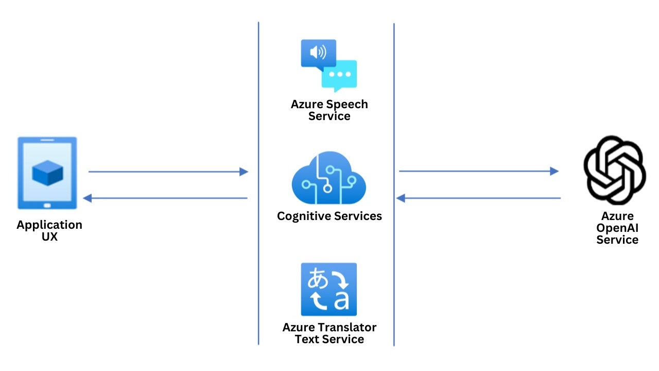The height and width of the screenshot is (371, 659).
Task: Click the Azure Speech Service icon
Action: click(x=328, y=65)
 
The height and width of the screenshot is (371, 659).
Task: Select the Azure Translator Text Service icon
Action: click(x=328, y=289)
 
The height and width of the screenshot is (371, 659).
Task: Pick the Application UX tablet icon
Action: click(x=47, y=173)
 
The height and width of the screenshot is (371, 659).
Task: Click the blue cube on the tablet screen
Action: click(x=47, y=173)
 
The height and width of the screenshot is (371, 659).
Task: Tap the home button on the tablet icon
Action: click(x=47, y=205)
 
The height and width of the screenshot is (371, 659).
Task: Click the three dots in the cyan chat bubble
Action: click(x=339, y=75)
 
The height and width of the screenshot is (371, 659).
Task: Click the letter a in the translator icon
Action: click(x=341, y=300)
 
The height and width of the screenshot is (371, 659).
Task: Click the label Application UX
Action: click(x=49, y=231)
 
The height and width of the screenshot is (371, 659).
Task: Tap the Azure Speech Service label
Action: click(x=329, y=110)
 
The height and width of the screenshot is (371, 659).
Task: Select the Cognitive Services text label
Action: click(x=329, y=216)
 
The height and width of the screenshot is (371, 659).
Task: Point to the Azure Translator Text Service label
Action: click(x=329, y=333)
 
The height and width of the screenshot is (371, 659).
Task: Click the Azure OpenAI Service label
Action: click(x=617, y=228)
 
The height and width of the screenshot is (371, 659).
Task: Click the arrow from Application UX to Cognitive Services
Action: click(x=168, y=172)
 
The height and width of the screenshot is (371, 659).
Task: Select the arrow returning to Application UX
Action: click(x=165, y=198)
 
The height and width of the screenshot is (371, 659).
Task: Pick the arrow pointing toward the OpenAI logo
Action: click(x=479, y=171)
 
